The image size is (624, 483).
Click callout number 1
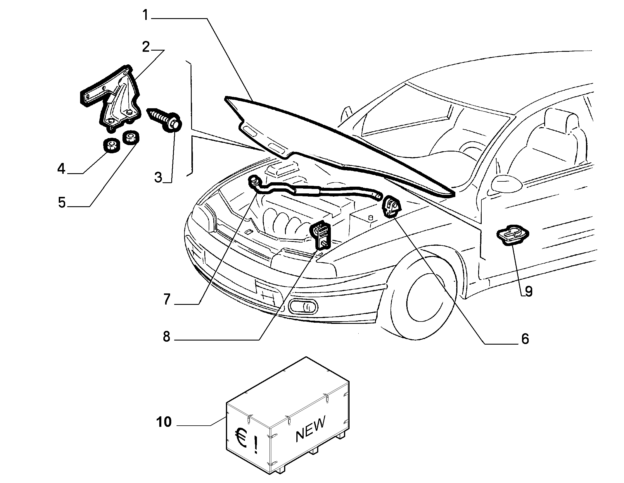[146, 15]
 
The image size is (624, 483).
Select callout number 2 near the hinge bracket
[146, 47]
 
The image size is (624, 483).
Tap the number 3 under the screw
[158, 178]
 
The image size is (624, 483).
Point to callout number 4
[61, 169]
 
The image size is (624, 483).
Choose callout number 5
[62, 202]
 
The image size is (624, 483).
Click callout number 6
[525, 339]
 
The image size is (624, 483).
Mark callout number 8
[166, 337]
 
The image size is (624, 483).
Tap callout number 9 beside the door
[528, 291]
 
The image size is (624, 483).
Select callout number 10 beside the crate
[164, 422]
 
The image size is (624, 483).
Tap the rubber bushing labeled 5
[131, 137]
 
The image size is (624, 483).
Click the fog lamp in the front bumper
[303, 307]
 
